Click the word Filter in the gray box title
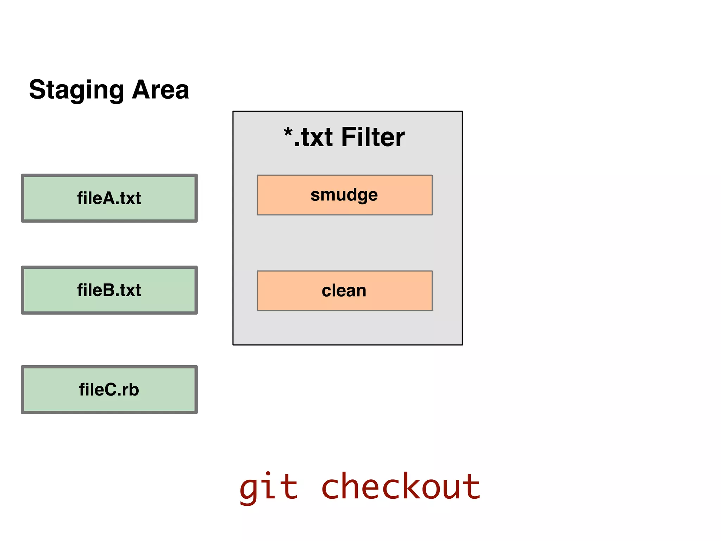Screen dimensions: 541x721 tap(373, 137)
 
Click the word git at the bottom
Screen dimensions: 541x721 tap(269, 488)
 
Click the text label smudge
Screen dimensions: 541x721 tap(344, 195)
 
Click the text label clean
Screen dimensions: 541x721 tap(344, 291)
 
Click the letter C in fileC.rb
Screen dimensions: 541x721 tap(105, 390)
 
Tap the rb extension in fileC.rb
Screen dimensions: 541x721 tap(131, 390)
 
